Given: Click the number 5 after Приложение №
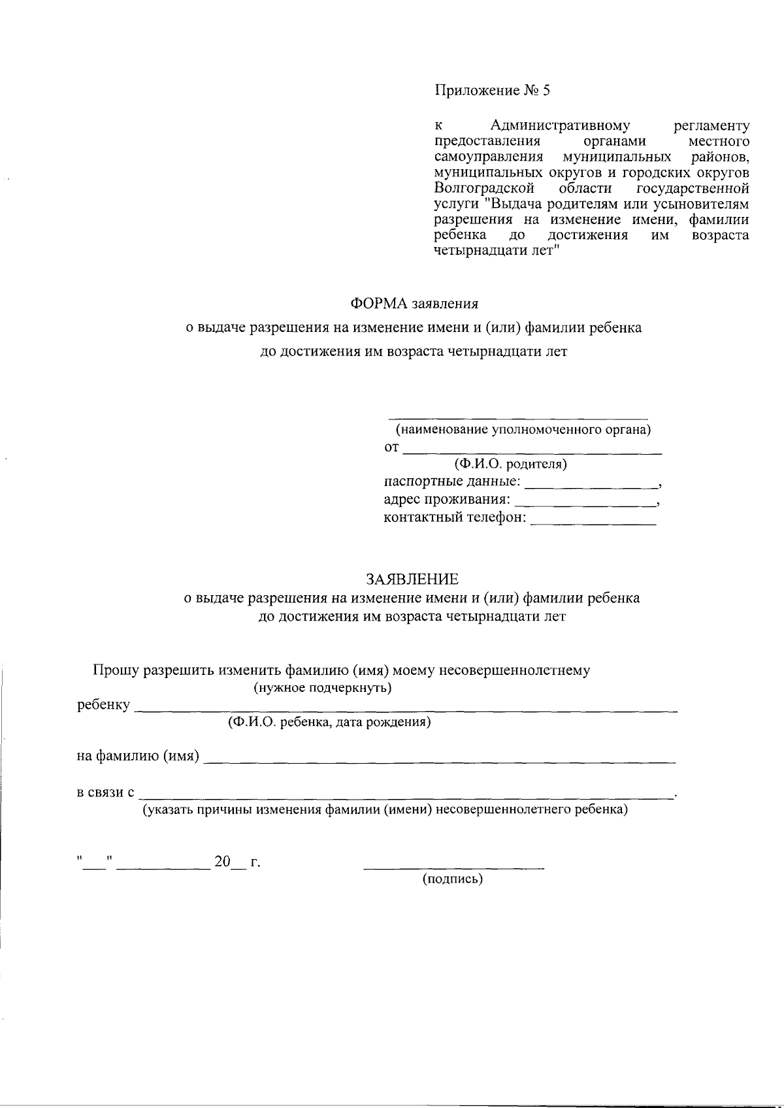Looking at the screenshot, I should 546,91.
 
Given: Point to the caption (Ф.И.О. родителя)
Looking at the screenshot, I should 511,464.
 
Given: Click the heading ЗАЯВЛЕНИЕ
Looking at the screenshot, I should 412,579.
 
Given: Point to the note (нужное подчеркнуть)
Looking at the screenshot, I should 322,688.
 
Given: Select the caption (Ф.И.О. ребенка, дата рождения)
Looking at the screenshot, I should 329,723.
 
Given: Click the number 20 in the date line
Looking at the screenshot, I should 222,862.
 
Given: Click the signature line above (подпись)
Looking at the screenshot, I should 453,867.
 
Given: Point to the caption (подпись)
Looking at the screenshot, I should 453,879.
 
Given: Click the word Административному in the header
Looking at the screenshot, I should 559,125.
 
